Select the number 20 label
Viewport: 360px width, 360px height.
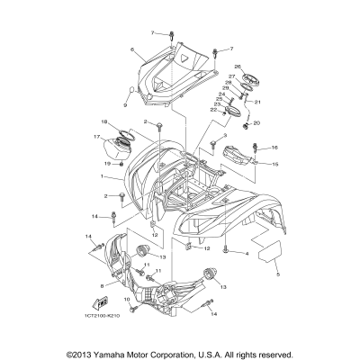tap(257, 122)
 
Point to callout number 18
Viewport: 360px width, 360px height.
tap(104, 121)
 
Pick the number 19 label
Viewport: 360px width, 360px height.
tap(105, 165)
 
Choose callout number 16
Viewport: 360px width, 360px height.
tap(275, 148)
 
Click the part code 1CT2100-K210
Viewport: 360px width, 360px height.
tap(108, 319)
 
